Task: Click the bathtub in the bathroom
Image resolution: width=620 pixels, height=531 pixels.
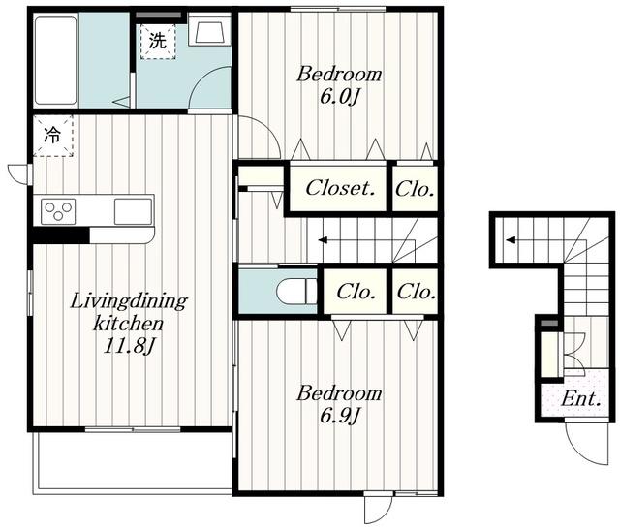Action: point(56,60)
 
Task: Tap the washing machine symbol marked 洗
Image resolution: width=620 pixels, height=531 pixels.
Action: point(158,42)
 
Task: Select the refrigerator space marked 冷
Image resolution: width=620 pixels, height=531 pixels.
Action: point(53,136)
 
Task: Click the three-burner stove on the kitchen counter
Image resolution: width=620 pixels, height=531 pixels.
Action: point(58,211)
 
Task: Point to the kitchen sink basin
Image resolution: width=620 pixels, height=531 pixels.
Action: point(133,211)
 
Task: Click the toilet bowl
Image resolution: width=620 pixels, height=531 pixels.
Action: point(296,293)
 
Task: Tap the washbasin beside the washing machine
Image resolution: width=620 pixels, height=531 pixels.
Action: point(209,29)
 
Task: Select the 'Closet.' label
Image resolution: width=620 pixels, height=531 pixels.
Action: point(340,188)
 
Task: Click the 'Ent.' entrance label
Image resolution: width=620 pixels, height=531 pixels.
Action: point(581,399)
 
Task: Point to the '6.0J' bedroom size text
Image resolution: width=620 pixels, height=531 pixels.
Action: point(339,97)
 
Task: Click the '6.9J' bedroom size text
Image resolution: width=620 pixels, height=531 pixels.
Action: point(339,415)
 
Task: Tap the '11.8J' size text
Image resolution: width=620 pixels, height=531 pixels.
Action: point(128,346)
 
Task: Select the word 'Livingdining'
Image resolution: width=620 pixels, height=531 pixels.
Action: point(129,301)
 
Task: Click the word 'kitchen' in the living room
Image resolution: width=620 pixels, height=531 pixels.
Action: point(128,324)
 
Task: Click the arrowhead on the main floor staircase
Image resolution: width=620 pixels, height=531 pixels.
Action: point(323,240)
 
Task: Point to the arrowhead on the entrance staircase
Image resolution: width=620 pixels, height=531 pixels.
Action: point(511,239)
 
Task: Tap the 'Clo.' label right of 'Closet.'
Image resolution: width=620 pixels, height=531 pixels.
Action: point(415,189)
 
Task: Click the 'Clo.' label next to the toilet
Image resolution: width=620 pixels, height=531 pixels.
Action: point(356,293)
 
